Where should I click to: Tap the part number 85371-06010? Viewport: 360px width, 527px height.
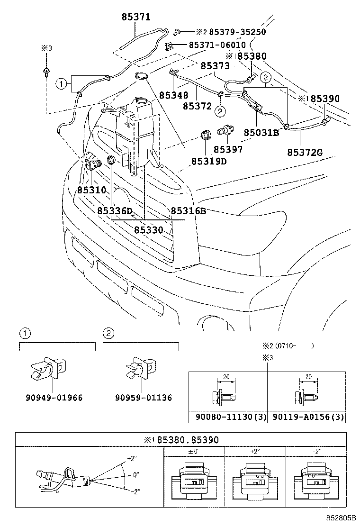click(217, 45)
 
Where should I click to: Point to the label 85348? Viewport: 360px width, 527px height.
click(173, 95)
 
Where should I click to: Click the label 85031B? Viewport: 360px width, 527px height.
click(261, 133)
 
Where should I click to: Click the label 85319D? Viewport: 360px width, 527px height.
click(209, 161)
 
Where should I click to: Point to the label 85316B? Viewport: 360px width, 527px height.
click(188, 211)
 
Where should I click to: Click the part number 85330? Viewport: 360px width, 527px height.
click(148, 230)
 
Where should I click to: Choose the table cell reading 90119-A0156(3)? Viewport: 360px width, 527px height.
click(306, 417)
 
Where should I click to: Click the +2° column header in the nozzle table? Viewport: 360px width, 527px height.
click(256, 452)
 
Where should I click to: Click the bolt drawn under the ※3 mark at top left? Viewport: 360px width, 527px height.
click(45, 71)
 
